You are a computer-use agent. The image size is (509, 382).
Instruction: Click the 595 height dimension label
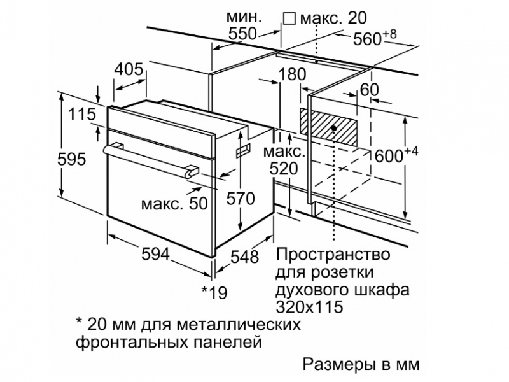tap(71, 159)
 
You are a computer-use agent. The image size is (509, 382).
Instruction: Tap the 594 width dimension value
tap(155, 254)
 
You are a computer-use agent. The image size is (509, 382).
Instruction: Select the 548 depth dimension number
tap(244, 257)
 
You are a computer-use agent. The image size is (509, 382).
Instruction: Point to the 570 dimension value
tap(241, 199)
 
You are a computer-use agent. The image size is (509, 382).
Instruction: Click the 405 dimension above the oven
tap(129, 69)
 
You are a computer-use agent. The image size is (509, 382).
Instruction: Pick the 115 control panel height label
tap(83, 114)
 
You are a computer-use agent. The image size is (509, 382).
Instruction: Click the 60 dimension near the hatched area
tap(370, 89)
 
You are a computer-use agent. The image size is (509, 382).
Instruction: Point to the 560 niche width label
tap(375, 38)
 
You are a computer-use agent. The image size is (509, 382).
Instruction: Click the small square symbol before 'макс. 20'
tap(289, 18)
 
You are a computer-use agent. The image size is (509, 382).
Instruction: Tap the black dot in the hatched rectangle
tap(333, 129)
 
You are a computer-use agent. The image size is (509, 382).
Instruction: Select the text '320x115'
tap(309, 307)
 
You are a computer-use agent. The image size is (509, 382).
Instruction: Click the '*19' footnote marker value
tap(214, 293)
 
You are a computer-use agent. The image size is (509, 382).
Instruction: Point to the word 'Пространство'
tap(333, 254)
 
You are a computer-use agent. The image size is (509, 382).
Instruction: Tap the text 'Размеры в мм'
tap(361, 364)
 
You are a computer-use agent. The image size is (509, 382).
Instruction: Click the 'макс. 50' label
tap(174, 204)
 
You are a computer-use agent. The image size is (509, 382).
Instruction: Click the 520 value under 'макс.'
tap(284, 169)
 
